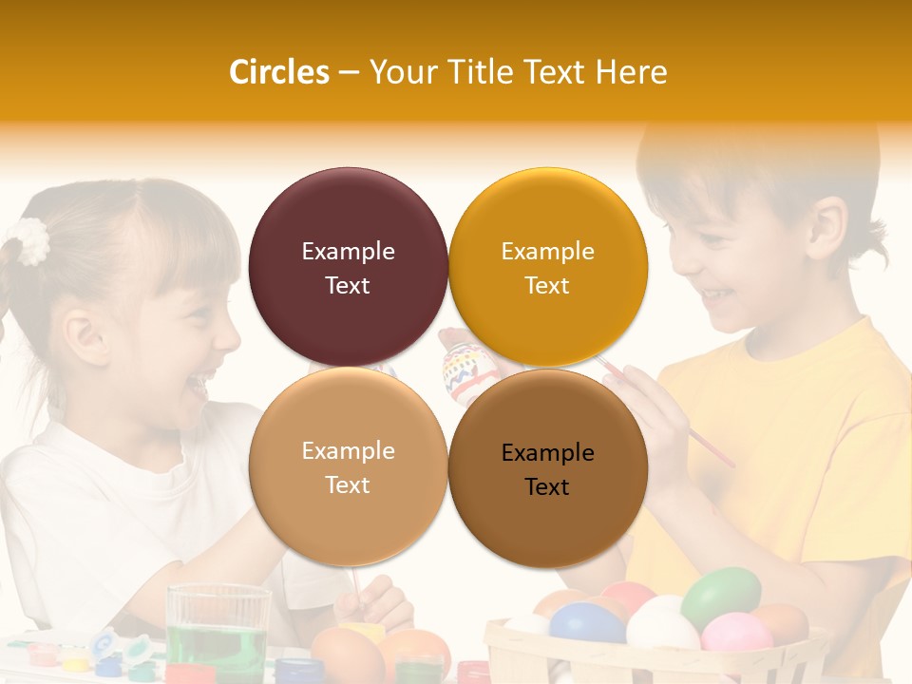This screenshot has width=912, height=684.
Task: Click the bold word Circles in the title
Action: (278, 72)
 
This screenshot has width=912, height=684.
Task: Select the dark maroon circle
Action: (348, 267)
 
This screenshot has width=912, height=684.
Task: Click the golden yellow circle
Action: (548, 267)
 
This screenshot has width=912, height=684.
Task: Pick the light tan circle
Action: (348, 467)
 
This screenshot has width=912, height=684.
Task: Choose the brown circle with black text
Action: (548, 468)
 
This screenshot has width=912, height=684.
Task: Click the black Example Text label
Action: (547, 469)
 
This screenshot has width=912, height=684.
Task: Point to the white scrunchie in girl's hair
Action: (31, 240)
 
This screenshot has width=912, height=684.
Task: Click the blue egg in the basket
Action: (586, 623)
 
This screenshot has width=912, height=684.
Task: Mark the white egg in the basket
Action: (662, 626)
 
